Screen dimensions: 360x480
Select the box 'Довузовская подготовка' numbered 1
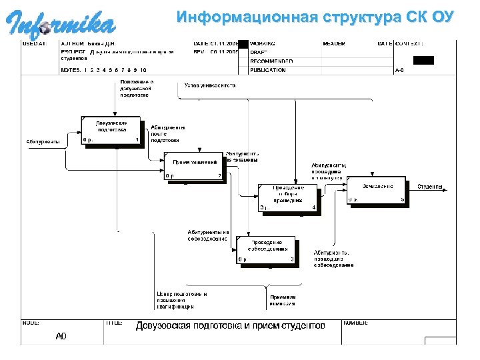(111, 130)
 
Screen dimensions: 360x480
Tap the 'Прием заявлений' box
(194, 167)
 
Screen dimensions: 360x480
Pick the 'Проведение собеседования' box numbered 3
(266, 249)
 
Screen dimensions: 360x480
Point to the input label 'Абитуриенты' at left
(43, 141)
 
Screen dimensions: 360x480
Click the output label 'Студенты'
(431, 187)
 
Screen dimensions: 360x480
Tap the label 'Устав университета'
(210, 85)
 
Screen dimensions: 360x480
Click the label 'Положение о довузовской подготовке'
(137, 88)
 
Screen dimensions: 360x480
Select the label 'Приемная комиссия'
(283, 300)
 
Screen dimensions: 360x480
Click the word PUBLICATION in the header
(268, 69)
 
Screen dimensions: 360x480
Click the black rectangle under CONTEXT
(423, 60)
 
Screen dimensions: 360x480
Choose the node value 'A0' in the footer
(61, 336)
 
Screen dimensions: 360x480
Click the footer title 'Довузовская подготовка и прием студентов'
(231, 326)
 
